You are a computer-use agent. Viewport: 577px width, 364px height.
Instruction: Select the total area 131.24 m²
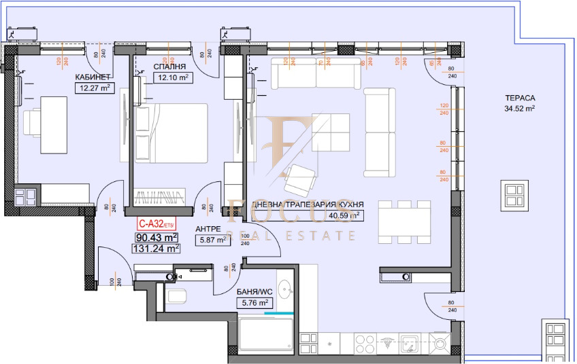coord(155,248)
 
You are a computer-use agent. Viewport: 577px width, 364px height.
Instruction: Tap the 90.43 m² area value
coord(155,237)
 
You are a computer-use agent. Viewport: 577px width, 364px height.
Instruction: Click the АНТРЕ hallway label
coord(208,229)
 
